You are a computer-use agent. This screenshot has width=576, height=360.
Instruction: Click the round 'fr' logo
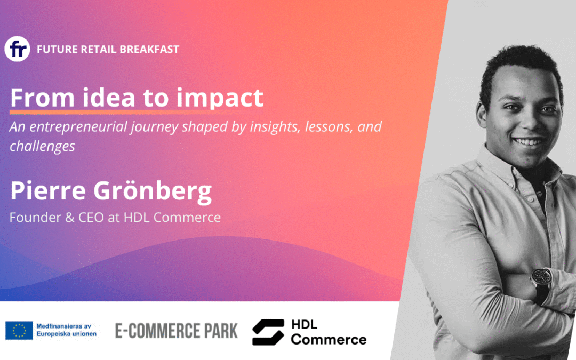[x=17, y=49]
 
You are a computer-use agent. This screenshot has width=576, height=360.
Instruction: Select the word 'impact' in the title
[x=220, y=98]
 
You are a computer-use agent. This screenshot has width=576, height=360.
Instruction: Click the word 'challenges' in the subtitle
[x=42, y=146]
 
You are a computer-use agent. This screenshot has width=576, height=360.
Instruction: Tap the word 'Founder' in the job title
[x=35, y=218]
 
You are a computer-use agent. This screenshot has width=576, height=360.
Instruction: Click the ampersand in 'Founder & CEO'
[x=70, y=218]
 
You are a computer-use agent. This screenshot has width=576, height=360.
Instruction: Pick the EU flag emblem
[x=19, y=330]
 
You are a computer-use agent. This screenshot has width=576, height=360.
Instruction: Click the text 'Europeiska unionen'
[x=67, y=334]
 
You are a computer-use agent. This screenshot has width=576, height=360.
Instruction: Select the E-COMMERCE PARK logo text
[x=177, y=331]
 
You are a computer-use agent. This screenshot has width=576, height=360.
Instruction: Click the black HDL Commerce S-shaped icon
[x=268, y=332]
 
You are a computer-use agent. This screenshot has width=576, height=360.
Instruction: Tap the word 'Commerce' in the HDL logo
[x=329, y=339]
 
